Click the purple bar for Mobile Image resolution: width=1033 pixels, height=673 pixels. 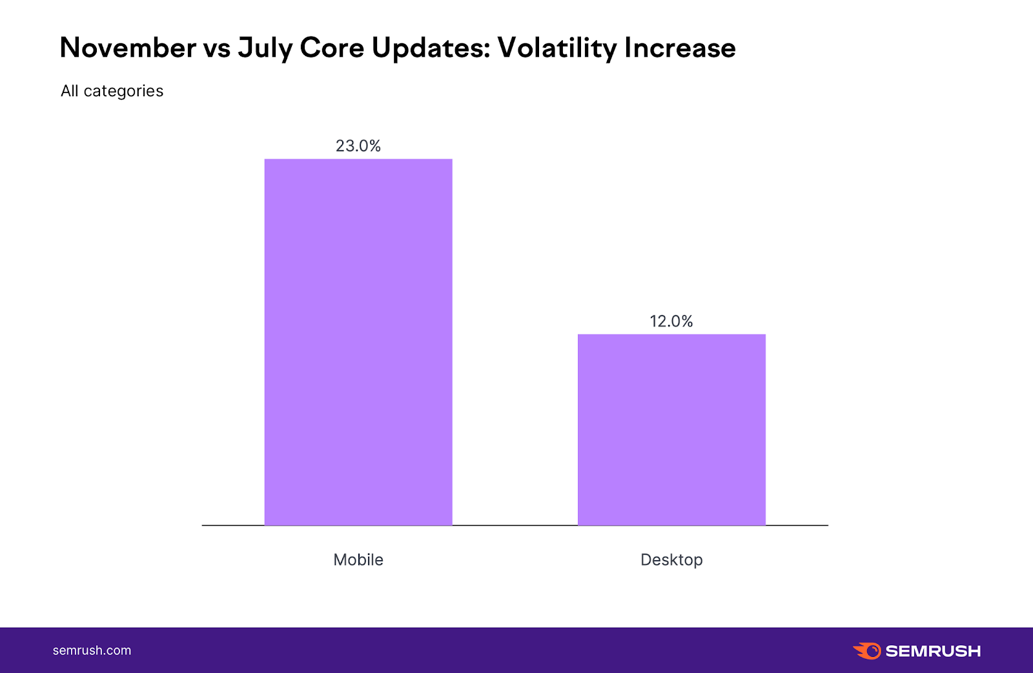tap(358, 342)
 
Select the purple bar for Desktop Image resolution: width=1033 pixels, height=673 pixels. tap(671, 430)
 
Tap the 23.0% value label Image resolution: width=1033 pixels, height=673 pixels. tap(358, 146)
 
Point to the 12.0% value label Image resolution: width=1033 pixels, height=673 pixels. tap(671, 321)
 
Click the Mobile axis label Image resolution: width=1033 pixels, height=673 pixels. tap(358, 560)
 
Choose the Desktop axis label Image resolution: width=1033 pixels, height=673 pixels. tap(671, 560)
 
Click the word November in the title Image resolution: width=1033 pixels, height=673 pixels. tap(128, 48)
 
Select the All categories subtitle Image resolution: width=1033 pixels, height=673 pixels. tap(112, 91)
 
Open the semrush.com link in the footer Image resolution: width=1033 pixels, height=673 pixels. tap(92, 650)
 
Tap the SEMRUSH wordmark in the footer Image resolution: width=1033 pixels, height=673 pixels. tap(933, 651)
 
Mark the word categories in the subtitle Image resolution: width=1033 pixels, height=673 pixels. tap(123, 92)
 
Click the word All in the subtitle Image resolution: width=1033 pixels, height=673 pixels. tap(69, 91)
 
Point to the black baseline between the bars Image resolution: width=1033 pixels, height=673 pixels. tap(515, 525)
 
